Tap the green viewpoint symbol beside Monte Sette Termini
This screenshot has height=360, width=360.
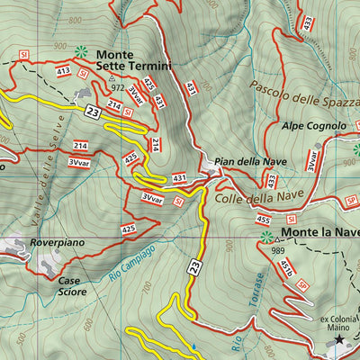click(82, 53)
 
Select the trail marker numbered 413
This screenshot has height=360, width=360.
click(63, 70)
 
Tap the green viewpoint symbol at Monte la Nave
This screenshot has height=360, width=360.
click(266, 238)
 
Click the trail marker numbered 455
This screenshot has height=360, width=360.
click(263, 219)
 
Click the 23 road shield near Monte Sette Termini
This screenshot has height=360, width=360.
click(93, 112)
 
